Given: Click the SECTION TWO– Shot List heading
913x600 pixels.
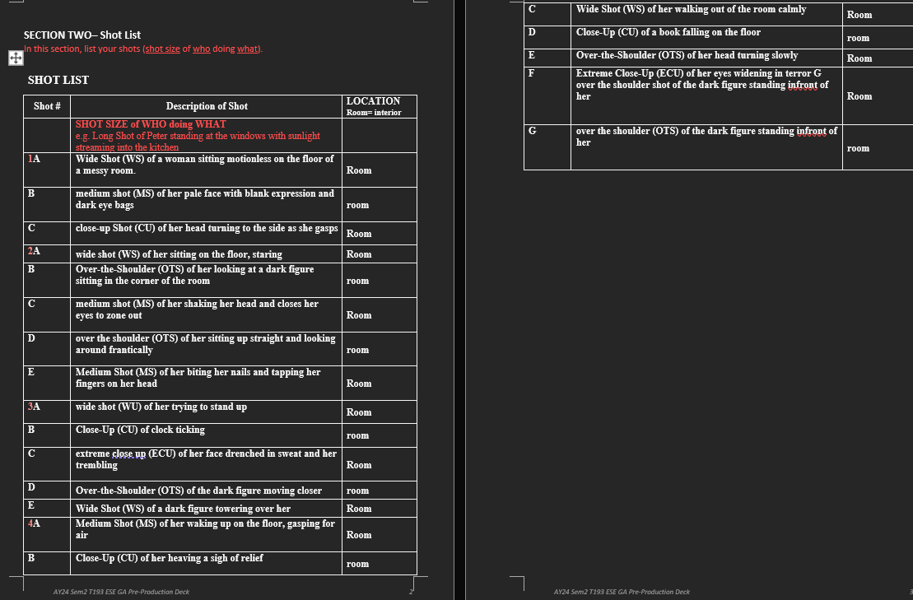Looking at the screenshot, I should [82, 35].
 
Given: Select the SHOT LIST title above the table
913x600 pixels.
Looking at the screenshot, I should [58, 80].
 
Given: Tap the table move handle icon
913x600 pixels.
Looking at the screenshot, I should [14, 58].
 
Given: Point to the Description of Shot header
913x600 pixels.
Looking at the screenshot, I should [207, 106].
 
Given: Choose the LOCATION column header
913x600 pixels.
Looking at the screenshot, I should [373, 101].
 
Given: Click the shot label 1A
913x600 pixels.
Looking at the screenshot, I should [34, 159].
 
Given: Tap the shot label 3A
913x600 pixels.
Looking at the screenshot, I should [34, 407].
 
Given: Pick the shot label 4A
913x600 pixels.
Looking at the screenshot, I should [34, 523].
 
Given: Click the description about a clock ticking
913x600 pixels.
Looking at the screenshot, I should [140, 430].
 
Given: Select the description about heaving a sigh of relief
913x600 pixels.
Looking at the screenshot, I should [169, 558].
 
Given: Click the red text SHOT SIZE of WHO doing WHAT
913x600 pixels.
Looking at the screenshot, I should [151, 124].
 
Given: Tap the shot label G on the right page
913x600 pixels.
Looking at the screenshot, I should [532, 131].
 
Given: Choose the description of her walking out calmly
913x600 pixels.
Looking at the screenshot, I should [691, 9].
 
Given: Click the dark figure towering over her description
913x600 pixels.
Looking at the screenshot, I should [183, 509].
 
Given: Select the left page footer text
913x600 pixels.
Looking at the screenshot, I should [121, 592].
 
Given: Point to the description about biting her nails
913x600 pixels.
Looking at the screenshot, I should [198, 378].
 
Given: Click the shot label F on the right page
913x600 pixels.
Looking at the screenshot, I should [531, 72].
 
